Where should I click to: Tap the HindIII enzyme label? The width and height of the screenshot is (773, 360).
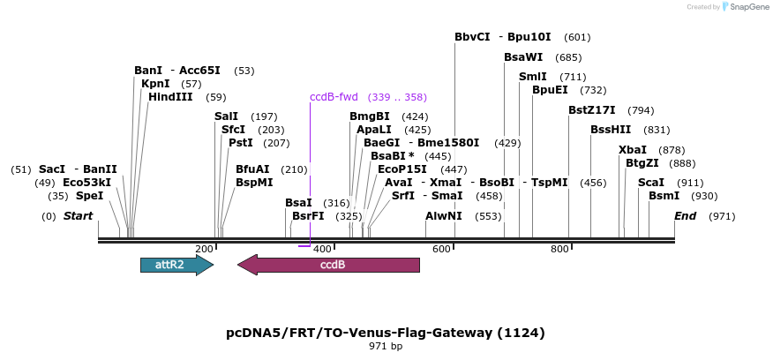(170, 97)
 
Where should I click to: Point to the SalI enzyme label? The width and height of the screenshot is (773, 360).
(226, 116)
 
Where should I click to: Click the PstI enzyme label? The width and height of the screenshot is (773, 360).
(240, 142)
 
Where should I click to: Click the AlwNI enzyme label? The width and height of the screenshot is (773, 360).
(443, 216)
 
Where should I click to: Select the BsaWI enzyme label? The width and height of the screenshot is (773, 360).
(523, 57)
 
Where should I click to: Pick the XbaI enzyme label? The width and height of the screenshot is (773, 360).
(633, 150)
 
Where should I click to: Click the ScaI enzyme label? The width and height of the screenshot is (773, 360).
(651, 183)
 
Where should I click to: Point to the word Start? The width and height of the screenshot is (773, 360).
(78, 216)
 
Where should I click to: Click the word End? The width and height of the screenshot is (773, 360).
(686, 216)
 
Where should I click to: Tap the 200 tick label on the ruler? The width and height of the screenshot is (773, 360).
(204, 250)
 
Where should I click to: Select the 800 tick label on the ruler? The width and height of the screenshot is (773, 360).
(559, 250)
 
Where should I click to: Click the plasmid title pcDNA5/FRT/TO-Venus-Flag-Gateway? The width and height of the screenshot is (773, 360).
(386, 333)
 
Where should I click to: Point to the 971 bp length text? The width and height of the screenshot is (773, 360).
(386, 347)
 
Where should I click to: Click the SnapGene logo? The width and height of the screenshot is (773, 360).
(746, 7)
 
